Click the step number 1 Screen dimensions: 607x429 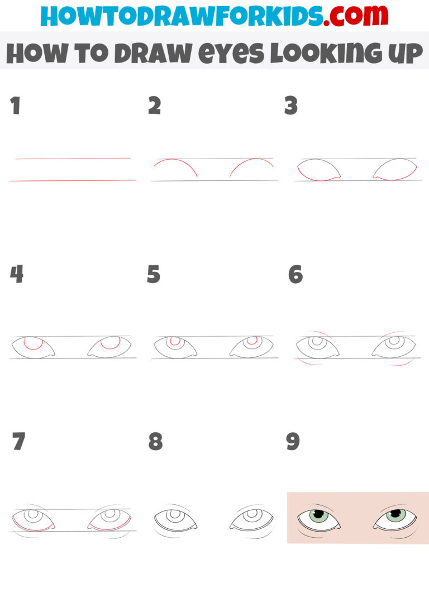click(x=15, y=106)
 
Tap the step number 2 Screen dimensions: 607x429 click(x=154, y=106)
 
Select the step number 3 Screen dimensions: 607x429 click(x=290, y=106)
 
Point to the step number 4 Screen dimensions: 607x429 click(x=16, y=274)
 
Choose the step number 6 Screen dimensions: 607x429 click(x=295, y=274)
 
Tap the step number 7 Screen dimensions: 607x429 click(x=19, y=442)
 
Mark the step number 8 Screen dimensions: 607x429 click(x=155, y=442)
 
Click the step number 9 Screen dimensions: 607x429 click(x=293, y=442)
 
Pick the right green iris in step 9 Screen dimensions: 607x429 click(x=395, y=515)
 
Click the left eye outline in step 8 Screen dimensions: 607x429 click(x=175, y=519)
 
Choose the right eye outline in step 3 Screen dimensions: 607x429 click(x=395, y=169)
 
